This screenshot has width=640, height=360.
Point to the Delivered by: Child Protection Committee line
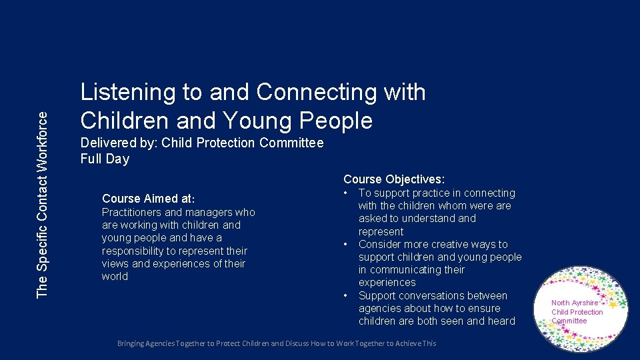pyautogui.click(x=201, y=143)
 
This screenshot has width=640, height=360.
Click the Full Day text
pyautogui.click(x=105, y=159)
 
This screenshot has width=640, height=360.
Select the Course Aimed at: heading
pyautogui.click(x=148, y=199)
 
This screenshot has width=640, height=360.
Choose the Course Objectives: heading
pyautogui.click(x=394, y=179)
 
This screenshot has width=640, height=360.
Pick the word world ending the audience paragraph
pyautogui.click(x=115, y=277)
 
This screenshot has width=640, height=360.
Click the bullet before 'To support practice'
pyautogui.click(x=346, y=193)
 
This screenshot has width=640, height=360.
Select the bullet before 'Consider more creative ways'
pyautogui.click(x=346, y=245)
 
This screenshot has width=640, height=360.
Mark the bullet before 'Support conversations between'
pyautogui.click(x=346, y=296)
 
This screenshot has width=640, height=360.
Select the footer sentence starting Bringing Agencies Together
pyautogui.click(x=277, y=343)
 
